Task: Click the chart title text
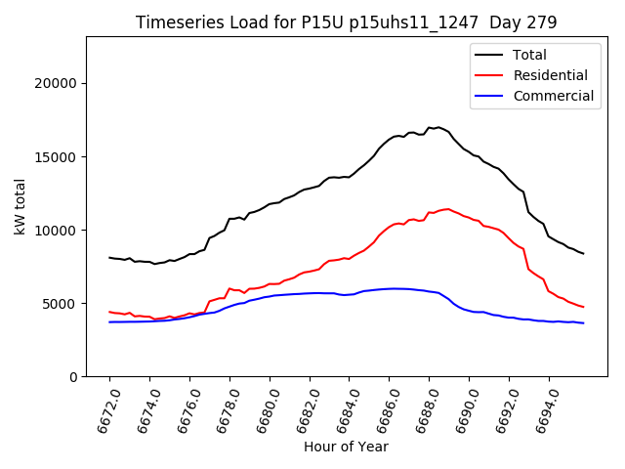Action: pos(346,22)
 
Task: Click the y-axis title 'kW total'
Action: pos(21,207)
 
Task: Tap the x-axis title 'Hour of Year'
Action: pos(346,447)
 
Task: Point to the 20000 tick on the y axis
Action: pos(57,83)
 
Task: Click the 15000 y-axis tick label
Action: pos(57,156)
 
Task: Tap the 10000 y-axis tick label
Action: pos(57,230)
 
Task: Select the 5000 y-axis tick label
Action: pos(61,303)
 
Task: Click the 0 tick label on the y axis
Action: pos(73,376)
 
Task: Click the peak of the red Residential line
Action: pos(447,209)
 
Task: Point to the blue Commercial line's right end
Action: pos(584,322)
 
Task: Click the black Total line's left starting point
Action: pos(109,258)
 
